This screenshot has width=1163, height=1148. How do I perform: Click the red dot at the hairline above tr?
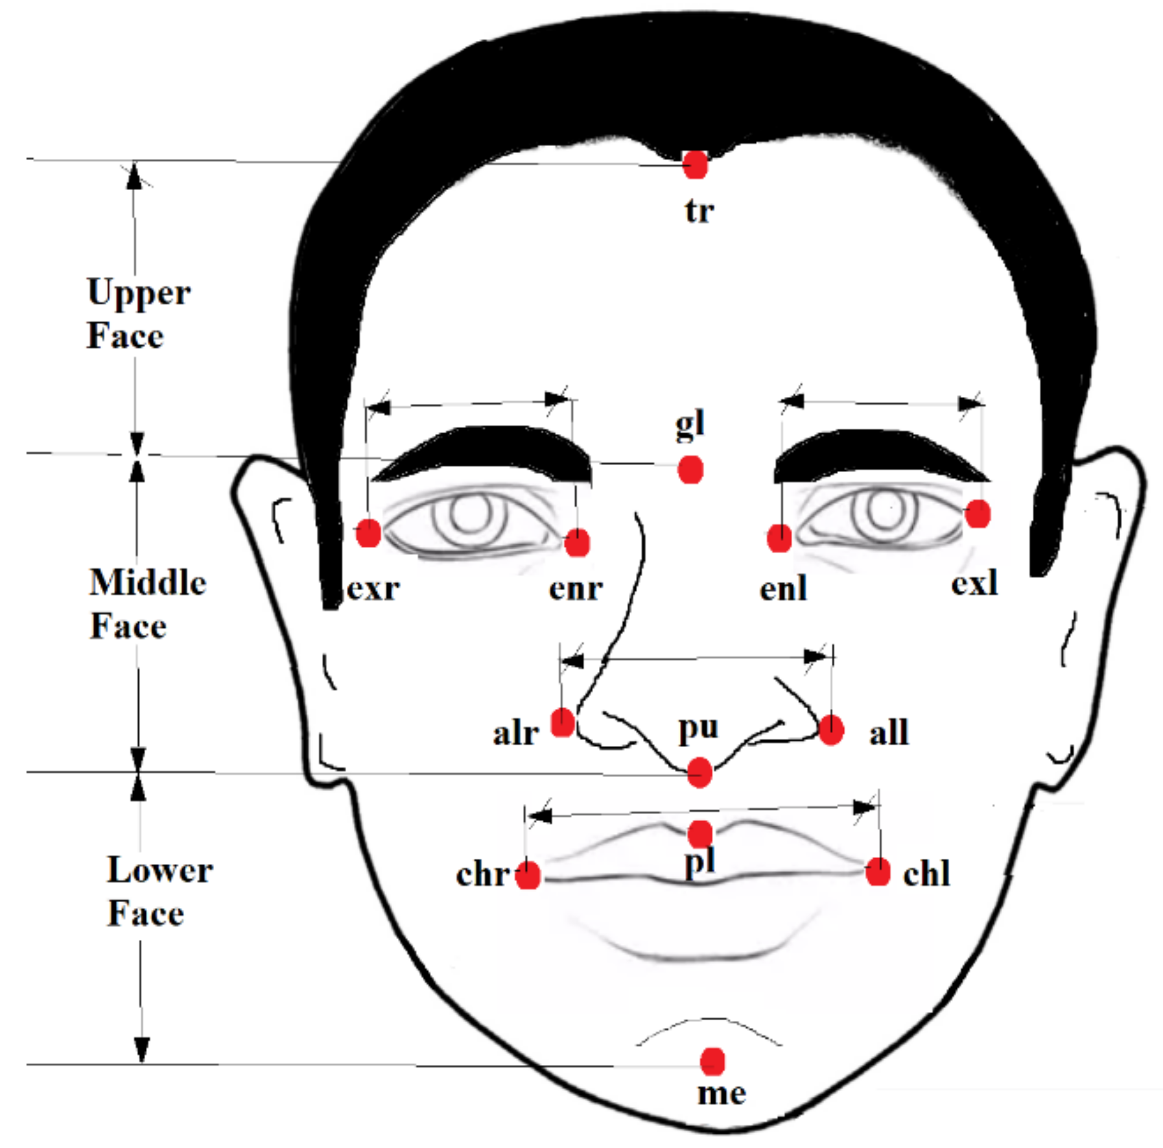[695, 165]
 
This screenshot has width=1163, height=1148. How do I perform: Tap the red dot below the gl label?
[690, 470]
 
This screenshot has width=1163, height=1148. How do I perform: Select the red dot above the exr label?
[368, 533]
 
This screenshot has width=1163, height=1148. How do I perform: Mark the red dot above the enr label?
[577, 543]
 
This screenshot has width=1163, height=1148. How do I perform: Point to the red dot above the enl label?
[779, 538]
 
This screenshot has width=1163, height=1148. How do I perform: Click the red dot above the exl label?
[978, 514]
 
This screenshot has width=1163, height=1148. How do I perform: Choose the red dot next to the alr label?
[563, 723]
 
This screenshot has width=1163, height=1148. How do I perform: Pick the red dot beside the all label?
[831, 730]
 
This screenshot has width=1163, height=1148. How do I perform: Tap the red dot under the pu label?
[699, 773]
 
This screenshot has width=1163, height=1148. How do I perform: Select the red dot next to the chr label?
[528, 876]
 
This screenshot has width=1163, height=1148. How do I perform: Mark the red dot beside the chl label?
[878, 872]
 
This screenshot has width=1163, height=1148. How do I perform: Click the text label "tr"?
[699, 211]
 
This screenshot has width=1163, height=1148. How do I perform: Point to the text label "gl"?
[690, 425]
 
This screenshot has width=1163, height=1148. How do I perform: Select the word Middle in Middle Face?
[148, 582]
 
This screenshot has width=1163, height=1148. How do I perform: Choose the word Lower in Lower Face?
[159, 870]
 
